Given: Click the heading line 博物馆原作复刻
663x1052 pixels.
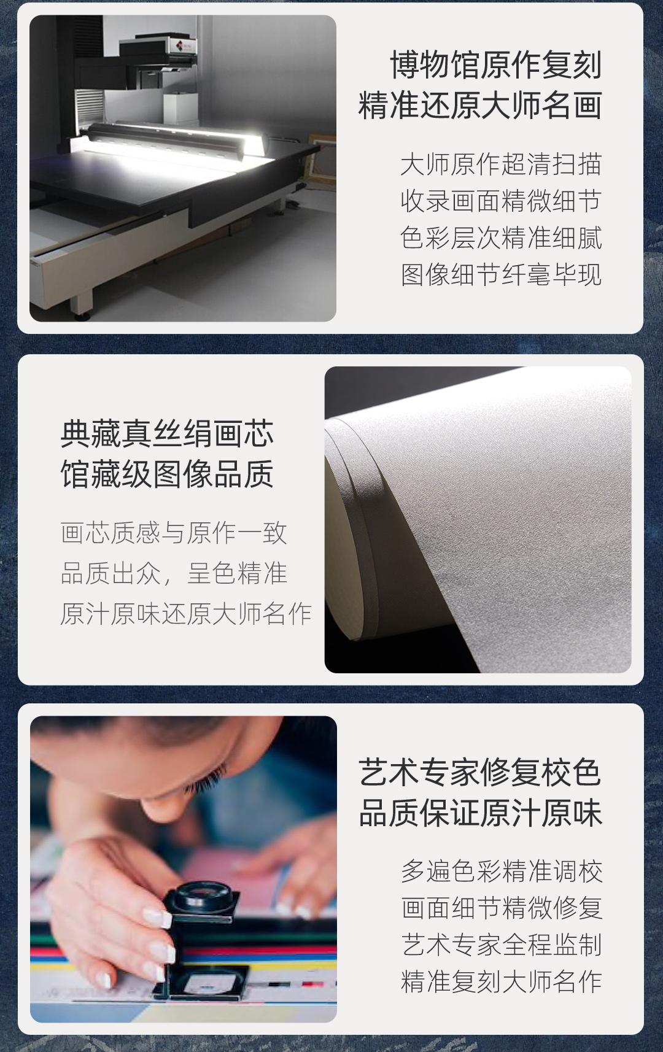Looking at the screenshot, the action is pos(496,65).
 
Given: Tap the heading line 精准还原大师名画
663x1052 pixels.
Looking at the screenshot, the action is pos(479,106).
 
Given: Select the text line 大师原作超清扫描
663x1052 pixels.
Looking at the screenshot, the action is pos(501,164).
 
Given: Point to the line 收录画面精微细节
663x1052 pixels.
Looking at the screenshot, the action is pos(501,201).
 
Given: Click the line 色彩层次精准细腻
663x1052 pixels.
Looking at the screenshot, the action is pos(501,237).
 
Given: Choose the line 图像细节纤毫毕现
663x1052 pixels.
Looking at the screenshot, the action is pos(501,274).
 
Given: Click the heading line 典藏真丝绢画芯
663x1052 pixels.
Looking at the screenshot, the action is pos(167,433).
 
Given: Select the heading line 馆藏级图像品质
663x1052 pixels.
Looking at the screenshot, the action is pos(167,474).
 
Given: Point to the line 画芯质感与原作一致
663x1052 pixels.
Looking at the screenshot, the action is pos(174,533).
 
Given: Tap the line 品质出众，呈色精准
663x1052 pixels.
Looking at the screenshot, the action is pos(174,573).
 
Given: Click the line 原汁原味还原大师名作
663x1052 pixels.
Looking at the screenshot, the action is pos(186,613).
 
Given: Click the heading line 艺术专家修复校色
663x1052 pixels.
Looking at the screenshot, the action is pos(479,773).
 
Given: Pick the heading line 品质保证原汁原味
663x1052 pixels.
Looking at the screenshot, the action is pos(479,813).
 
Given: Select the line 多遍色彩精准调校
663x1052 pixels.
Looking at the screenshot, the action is pos(501,871).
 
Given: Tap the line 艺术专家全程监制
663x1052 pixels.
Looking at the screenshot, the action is pos(501,945).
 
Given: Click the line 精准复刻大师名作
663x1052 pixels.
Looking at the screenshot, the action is pos(501,981).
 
